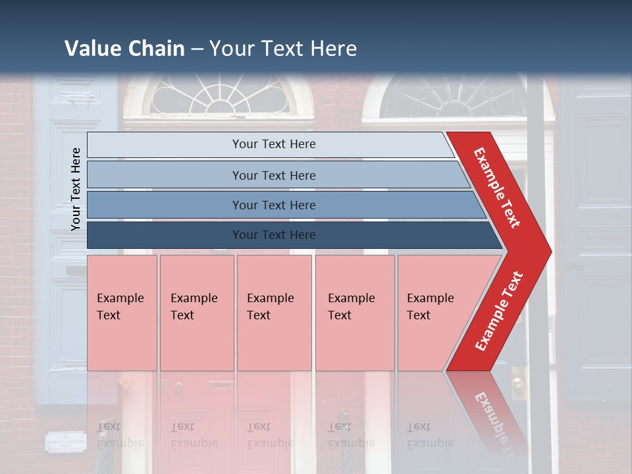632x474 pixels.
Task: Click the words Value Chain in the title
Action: pos(124,49)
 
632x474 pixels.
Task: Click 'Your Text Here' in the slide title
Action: pos(283,49)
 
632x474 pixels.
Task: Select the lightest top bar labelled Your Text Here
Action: pos(274,144)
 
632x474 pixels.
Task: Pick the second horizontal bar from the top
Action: pos(274,175)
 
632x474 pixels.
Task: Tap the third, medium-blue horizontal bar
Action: pos(274,205)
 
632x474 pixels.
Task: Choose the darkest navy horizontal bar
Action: pos(274,235)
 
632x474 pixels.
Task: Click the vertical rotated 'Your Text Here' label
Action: pos(76,188)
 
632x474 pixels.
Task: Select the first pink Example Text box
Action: pos(122,313)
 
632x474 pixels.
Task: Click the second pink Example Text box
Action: pos(196,313)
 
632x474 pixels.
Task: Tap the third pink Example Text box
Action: pos(274,313)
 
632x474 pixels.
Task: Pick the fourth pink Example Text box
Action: pos(354,313)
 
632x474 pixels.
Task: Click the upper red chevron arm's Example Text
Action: pos(498,188)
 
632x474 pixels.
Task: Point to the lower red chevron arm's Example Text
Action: pos(499,311)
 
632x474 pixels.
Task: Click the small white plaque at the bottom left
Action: pos(66,440)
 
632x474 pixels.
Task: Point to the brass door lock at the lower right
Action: pos(518,382)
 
